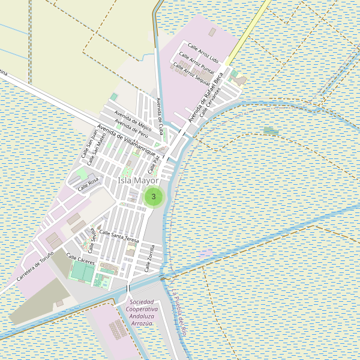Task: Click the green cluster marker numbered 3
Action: tap(154, 196)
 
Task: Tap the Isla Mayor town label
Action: tap(139, 180)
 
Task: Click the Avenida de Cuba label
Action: tap(160, 110)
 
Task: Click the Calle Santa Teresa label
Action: tap(119, 236)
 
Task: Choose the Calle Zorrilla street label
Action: tap(150, 257)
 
